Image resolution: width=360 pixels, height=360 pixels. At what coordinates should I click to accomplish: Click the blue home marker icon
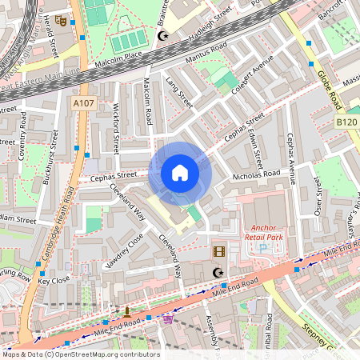(x=180, y=172)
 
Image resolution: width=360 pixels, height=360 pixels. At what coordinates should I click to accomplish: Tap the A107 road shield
(x=82, y=103)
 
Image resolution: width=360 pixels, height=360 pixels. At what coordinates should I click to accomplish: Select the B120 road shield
(x=346, y=121)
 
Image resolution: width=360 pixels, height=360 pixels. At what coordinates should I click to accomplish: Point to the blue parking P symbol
(x=263, y=249)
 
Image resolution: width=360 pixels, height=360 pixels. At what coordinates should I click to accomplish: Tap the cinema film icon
(x=219, y=252)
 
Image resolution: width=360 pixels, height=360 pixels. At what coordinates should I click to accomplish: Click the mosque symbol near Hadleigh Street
(x=164, y=37)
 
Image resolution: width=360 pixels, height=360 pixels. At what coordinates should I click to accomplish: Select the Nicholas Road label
(x=256, y=173)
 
